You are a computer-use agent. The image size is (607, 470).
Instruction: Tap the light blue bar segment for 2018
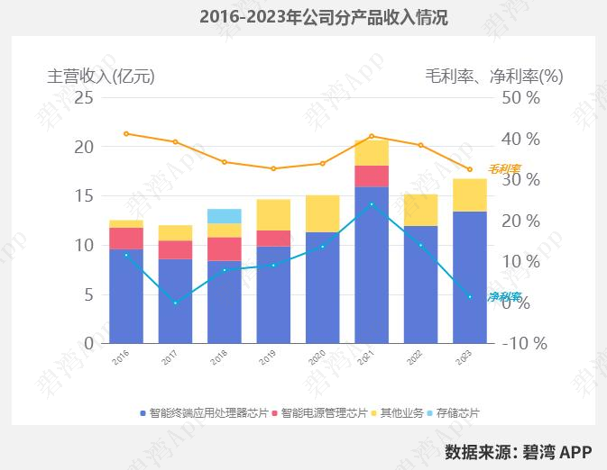click(x=225, y=216)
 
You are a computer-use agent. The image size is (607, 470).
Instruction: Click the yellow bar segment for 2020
click(x=323, y=213)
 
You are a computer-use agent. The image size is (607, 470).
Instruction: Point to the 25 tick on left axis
click(x=83, y=97)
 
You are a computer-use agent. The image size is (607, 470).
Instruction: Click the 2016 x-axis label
click(x=118, y=357)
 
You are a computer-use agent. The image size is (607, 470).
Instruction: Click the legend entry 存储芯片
click(x=457, y=413)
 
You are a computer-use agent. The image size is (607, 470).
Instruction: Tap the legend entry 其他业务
click(x=401, y=413)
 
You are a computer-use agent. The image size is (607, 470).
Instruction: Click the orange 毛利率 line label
click(x=504, y=168)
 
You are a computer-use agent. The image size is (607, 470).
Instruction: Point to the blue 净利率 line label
click(x=504, y=296)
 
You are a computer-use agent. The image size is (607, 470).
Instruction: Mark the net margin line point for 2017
click(x=176, y=303)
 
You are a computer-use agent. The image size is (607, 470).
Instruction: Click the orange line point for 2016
click(x=126, y=133)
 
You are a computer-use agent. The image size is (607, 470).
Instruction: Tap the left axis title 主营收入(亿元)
click(x=101, y=77)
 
